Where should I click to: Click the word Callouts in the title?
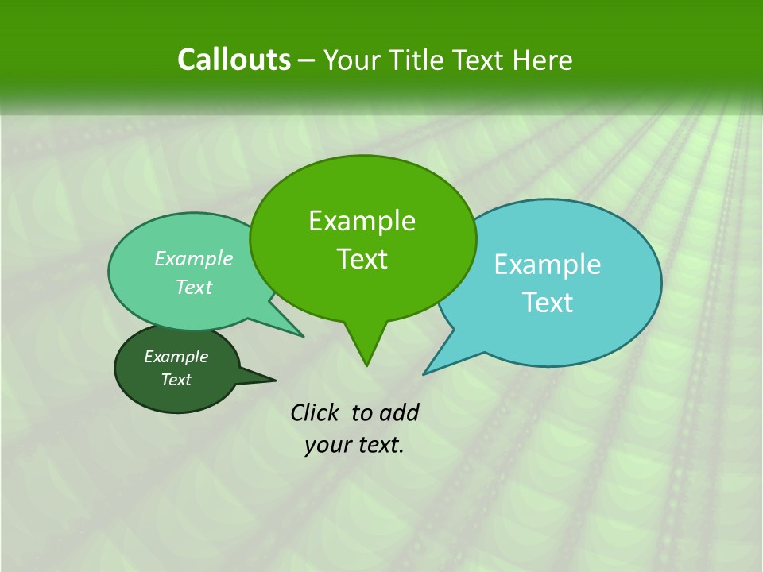[234, 60]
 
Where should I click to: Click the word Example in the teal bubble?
[548, 265]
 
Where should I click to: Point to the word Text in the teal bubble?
[548, 302]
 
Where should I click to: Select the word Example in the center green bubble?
[362, 221]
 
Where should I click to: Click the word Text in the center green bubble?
[362, 259]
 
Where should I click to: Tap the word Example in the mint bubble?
[194, 258]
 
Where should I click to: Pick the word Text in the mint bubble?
[194, 287]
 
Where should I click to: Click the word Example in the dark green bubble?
[176, 357]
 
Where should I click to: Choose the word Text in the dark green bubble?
[176, 380]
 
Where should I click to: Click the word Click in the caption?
[316, 412]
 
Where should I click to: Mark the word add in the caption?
[398, 412]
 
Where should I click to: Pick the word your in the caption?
[327, 446]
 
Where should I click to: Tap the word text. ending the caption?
[378, 446]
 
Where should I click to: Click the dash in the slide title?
[308, 60]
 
